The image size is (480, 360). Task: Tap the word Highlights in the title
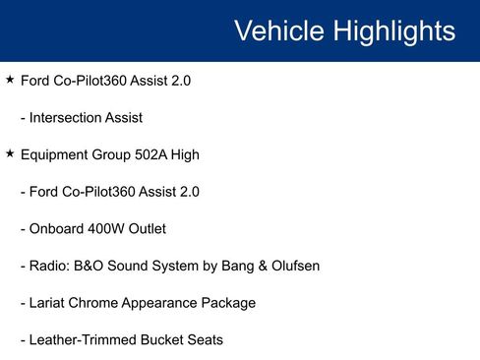pyautogui.click(x=393, y=31)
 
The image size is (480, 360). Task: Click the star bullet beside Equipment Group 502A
pyautogui.click(x=10, y=154)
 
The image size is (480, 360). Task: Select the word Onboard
pyautogui.click(x=56, y=229)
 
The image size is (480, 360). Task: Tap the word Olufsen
pyautogui.click(x=292, y=266)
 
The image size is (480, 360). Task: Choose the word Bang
pyautogui.click(x=228, y=266)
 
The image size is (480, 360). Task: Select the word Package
pyautogui.click(x=226, y=303)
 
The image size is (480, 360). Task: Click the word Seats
pyautogui.click(x=204, y=340)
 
